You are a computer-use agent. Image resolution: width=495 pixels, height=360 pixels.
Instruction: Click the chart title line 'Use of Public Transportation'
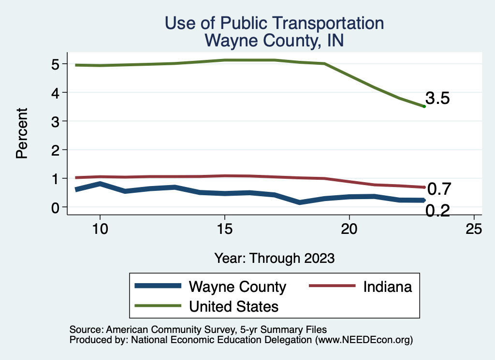tap(274, 23)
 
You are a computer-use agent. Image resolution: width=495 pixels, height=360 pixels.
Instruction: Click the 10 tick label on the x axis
tap(100, 229)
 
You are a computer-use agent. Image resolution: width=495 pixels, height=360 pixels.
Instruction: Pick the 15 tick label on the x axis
tap(224, 229)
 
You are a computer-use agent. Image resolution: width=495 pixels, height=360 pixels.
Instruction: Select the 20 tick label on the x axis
tap(349, 229)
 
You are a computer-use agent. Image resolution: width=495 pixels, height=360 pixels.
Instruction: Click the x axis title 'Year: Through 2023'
tap(274, 258)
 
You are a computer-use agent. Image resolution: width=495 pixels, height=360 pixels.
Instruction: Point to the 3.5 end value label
tap(438, 99)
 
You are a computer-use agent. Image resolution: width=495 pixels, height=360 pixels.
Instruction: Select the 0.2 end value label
tap(438, 211)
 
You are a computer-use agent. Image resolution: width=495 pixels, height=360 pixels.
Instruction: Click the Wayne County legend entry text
tap(237, 287)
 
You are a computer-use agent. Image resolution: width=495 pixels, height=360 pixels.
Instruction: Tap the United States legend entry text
tap(233, 306)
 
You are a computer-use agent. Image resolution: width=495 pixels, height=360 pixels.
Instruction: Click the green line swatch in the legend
tap(158, 306)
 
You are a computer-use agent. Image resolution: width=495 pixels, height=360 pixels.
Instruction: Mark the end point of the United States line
tap(424, 106)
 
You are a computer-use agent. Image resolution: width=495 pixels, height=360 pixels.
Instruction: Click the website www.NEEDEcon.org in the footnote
tap(364, 340)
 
